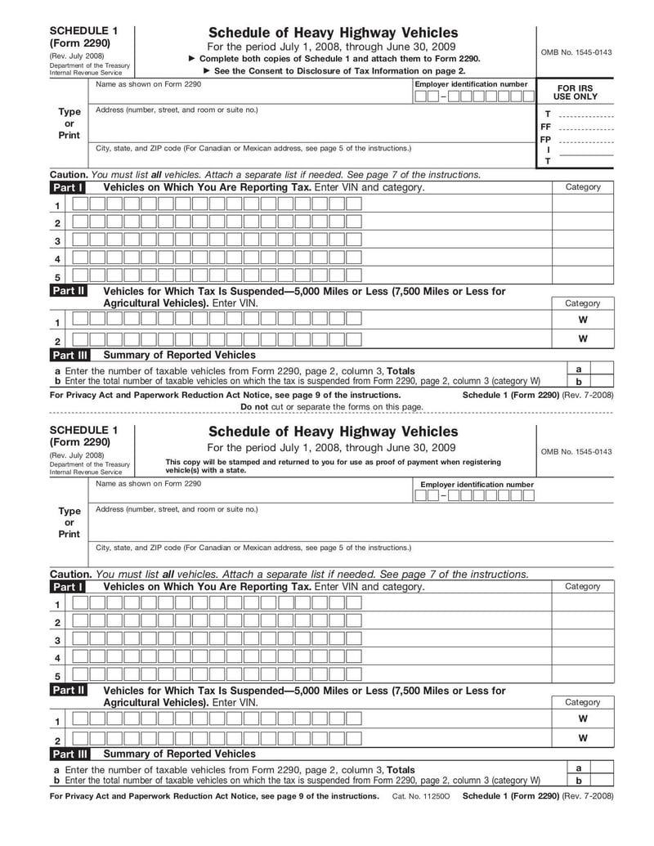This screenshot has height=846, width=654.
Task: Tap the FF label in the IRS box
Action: (545, 128)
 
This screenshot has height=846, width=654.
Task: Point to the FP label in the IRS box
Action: (545, 140)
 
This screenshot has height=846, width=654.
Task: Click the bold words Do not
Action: (254, 406)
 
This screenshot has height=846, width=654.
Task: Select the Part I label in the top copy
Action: (68, 187)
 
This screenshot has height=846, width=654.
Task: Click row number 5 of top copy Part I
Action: (57, 277)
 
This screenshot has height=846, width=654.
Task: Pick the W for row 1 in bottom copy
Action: (582, 719)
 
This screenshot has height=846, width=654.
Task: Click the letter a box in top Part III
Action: (579, 369)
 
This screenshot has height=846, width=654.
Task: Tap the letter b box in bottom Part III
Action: (579, 781)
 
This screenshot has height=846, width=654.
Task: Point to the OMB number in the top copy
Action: (576, 52)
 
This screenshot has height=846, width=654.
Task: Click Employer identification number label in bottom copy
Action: (477, 485)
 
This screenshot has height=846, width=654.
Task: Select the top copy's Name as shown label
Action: (148, 84)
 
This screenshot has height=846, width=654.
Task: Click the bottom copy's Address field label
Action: (176, 509)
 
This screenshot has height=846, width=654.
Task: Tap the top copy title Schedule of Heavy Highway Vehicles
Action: (334, 32)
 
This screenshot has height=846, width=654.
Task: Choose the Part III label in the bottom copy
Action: (71, 754)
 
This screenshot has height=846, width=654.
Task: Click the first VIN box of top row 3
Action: (79, 241)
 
